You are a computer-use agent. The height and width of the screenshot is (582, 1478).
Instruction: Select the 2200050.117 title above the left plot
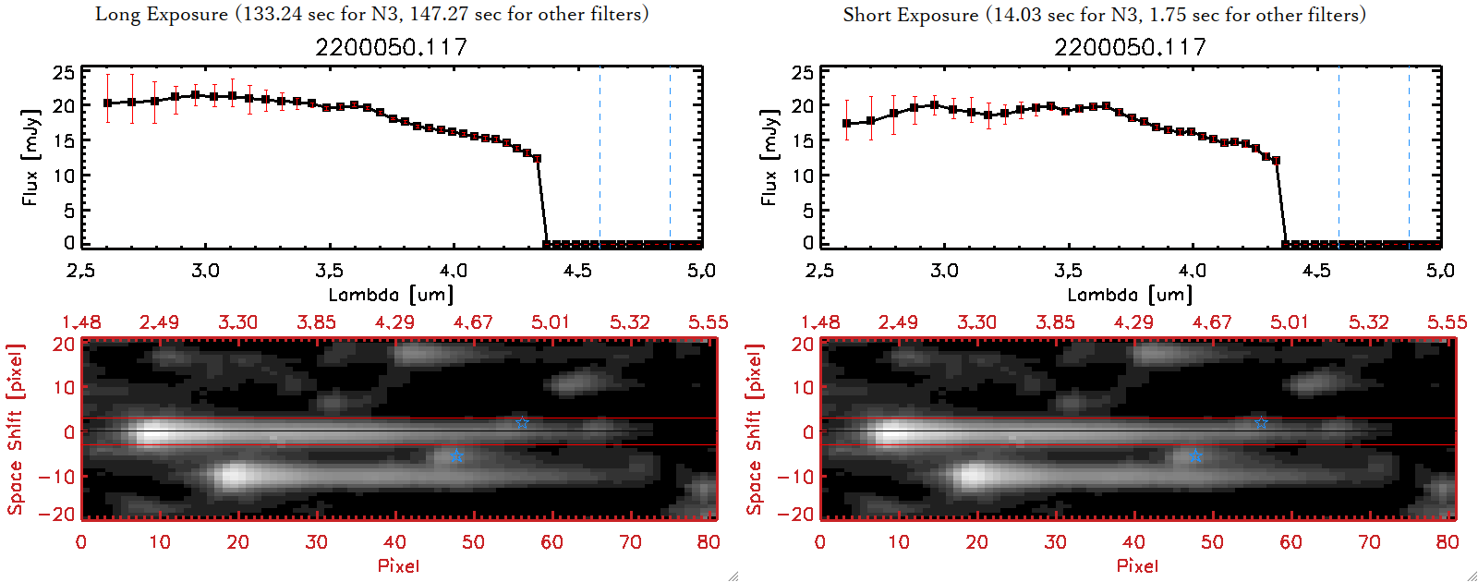coord(391,47)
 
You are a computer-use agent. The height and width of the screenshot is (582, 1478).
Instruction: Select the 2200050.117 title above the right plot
coord(1130,47)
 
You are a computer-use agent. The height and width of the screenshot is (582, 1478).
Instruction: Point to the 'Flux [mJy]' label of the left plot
coord(30,157)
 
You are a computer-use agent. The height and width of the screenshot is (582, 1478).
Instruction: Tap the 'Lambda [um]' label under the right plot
coord(1130,295)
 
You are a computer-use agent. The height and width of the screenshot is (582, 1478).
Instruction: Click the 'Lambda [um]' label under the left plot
coord(391,295)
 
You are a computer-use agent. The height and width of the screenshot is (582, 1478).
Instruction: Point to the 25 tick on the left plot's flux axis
coord(64,72)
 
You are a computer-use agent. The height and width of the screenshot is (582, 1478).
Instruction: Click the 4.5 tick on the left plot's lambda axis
coord(577,271)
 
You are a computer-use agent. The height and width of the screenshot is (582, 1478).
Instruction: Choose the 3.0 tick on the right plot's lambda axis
coord(944,271)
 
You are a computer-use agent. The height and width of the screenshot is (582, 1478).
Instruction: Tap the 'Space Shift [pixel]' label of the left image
coord(15,430)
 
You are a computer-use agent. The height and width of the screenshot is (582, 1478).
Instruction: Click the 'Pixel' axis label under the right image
coord(1137,565)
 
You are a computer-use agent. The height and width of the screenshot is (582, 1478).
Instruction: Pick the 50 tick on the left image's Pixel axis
coord(473,542)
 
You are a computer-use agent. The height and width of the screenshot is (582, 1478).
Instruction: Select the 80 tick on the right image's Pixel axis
coord(1448,542)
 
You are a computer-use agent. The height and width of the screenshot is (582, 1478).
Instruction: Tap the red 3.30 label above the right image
coord(976,322)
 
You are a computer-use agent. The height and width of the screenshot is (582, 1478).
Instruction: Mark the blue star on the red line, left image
coord(522,423)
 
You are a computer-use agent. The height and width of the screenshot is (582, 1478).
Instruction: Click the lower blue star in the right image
coord(1195,456)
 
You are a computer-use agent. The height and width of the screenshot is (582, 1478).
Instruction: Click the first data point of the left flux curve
coord(108,103)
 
